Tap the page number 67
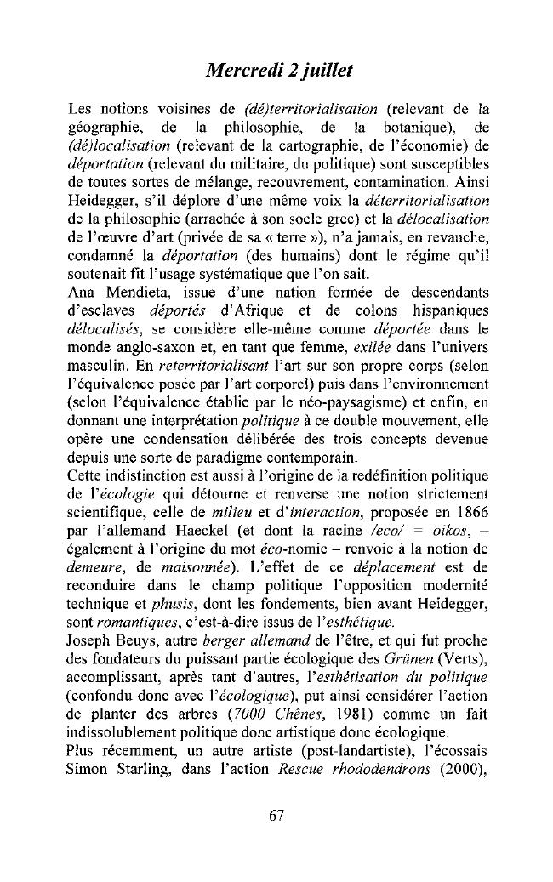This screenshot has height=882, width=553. click(276, 815)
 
